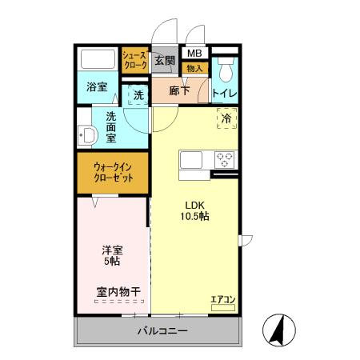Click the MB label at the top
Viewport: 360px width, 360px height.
click(x=194, y=54)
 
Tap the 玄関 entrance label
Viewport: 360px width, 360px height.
click(x=164, y=60)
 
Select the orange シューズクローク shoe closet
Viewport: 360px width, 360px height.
click(x=134, y=61)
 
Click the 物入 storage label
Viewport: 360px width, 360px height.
click(x=194, y=69)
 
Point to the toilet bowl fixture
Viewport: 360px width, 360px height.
click(x=225, y=71)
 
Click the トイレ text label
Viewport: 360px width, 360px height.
click(x=224, y=94)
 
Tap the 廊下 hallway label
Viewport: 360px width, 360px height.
click(x=179, y=92)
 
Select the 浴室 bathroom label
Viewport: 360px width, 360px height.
click(x=97, y=87)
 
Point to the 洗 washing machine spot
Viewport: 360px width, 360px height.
click(x=138, y=95)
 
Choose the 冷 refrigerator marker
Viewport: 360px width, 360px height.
click(x=226, y=118)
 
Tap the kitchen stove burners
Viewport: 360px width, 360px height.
click(x=223, y=158)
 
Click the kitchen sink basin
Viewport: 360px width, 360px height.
click(x=192, y=160)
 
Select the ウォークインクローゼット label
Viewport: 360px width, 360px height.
click(x=112, y=172)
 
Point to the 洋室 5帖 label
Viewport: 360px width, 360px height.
click(x=112, y=255)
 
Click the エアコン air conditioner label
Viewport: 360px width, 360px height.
click(x=222, y=300)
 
